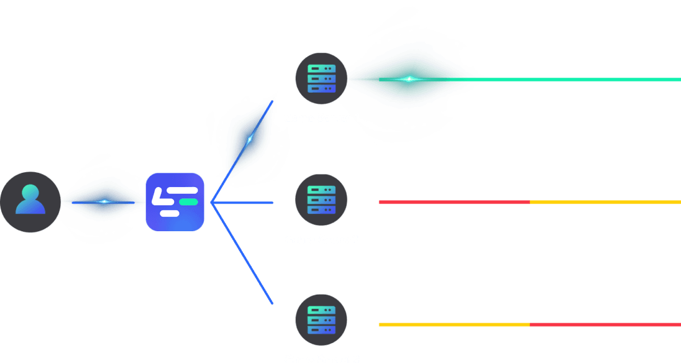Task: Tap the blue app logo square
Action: [x=175, y=202]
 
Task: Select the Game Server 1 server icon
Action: [x=321, y=79]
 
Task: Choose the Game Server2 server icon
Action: [x=321, y=200]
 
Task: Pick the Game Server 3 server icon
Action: [x=321, y=320]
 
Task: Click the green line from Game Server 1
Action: [x=559, y=80]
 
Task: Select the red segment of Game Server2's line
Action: [x=454, y=202]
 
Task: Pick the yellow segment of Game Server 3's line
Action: [x=454, y=324]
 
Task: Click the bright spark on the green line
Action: [x=409, y=79]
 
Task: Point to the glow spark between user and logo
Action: [x=104, y=201]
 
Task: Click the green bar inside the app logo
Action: [x=188, y=202]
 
